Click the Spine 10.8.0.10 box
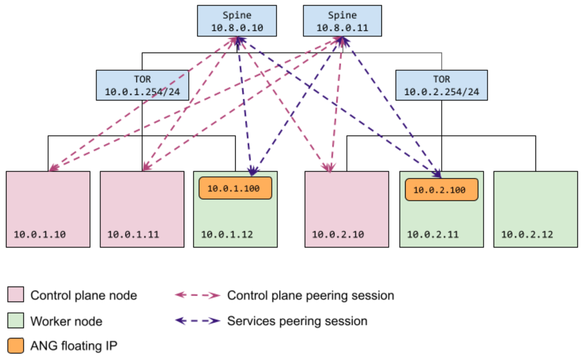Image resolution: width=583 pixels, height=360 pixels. [237, 21]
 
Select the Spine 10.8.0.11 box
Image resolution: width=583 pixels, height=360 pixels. [342, 21]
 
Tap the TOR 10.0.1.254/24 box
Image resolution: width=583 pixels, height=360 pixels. [142, 85]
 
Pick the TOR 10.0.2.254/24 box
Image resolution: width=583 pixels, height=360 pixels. [441, 85]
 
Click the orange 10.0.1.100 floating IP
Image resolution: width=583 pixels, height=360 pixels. [235, 188]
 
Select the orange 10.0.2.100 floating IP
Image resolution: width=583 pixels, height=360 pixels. [441, 190]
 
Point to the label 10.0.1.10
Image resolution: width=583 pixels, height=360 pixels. [40, 234]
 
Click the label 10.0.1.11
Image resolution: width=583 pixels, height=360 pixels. [133, 234]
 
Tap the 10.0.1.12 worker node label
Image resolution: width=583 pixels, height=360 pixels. [227, 234]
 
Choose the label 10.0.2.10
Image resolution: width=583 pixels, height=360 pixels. [338, 234]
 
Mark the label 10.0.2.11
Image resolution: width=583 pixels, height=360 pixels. [433, 234]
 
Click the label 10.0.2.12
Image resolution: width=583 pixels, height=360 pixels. [527, 234]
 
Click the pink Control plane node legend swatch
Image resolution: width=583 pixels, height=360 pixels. [16, 294]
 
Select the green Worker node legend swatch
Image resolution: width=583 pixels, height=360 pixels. [16, 320]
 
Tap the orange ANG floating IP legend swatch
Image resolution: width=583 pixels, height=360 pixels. [16, 346]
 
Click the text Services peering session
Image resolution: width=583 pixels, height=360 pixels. [297, 321]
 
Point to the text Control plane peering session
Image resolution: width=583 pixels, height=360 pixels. [310, 295]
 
